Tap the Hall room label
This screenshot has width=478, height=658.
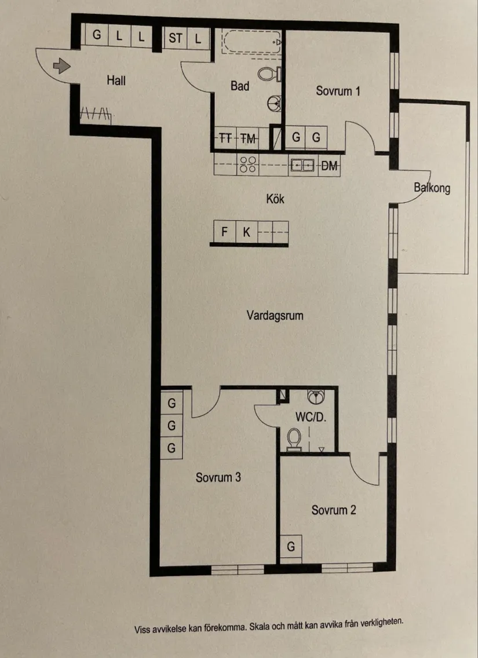(116, 81)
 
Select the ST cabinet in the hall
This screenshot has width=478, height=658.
(176, 39)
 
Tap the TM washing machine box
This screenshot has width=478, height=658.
(249, 138)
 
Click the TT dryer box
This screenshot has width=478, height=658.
(226, 138)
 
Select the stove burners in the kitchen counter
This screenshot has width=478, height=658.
(249, 165)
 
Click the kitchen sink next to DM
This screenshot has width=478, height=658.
(302, 166)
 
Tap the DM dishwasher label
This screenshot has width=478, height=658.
(329, 167)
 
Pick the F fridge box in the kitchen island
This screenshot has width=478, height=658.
(224, 233)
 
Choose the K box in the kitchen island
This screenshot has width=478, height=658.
(246, 233)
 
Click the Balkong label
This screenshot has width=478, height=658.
(432, 188)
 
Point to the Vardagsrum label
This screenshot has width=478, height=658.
(275, 316)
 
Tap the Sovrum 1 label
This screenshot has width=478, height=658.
(338, 91)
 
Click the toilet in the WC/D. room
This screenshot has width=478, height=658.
(294, 438)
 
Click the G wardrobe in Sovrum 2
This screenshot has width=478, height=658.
(291, 546)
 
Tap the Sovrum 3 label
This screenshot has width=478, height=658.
(218, 478)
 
